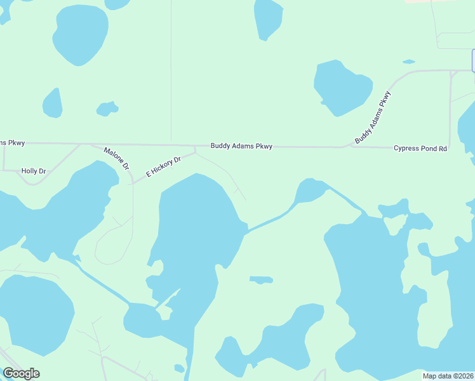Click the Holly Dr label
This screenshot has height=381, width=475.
coord(34,171)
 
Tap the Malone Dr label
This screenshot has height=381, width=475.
coord(117,157)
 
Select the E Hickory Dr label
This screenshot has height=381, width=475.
coord(164,164)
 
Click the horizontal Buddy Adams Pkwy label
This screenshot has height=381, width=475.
coord(241,147)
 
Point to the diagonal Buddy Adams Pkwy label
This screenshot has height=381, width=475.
coord(373,117)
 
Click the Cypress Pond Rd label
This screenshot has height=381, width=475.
coord(420,149)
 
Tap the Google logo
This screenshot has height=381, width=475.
coord(21,373)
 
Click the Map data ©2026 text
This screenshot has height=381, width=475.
coord(448,376)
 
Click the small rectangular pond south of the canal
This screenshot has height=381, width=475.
coord(261,279)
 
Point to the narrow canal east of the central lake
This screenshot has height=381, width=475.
coord(270,220)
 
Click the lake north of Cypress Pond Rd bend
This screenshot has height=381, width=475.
coord(342,87)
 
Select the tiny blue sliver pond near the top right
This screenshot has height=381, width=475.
coord(408,62)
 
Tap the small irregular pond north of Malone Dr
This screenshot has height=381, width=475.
coord(107,109)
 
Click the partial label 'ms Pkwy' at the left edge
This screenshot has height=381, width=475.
coord(12,143)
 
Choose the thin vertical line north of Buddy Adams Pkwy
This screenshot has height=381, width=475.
coord(171,70)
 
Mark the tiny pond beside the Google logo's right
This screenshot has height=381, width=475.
coord(179,368)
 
